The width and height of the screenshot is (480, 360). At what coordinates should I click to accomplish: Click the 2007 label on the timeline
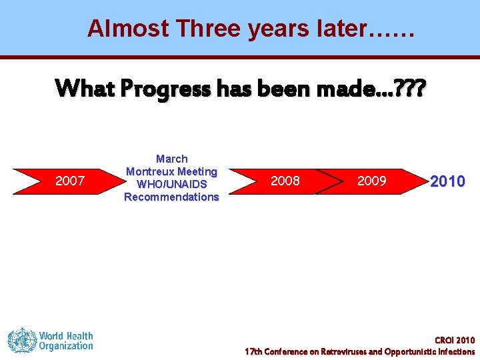click(69, 181)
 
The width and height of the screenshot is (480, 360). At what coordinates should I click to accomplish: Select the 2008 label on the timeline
click(285, 181)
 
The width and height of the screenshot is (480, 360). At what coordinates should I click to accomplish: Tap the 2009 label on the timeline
click(371, 181)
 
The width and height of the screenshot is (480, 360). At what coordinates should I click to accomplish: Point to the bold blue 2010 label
click(447, 181)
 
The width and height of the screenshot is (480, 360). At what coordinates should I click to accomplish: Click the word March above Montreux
click(172, 159)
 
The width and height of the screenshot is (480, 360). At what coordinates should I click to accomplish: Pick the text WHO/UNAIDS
click(172, 184)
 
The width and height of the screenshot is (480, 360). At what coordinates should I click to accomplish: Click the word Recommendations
click(171, 197)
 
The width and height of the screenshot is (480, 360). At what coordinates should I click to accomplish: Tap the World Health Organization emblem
click(21, 340)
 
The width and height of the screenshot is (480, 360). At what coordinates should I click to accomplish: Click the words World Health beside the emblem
click(66, 335)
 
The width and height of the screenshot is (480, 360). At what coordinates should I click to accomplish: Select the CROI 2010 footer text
click(455, 340)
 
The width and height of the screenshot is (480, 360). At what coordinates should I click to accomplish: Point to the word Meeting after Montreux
click(197, 171)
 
